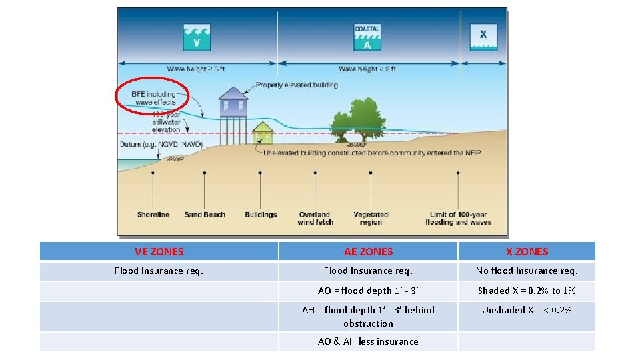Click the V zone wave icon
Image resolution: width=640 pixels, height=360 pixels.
point(197,37)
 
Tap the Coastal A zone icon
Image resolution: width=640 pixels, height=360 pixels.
point(367,37)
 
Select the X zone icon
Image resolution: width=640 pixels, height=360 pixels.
point(483,37)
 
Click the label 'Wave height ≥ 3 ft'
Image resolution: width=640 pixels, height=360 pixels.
point(195,69)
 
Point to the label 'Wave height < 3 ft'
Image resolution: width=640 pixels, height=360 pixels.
point(367,69)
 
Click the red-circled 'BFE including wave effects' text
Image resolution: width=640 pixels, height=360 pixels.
point(153,98)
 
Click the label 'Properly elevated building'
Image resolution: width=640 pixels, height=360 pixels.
point(297,85)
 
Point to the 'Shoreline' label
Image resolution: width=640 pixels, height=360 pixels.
point(153,215)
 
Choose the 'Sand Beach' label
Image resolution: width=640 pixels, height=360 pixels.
point(205,215)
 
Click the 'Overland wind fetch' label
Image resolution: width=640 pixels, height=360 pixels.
point(315,218)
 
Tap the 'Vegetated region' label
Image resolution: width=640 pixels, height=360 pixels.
point(371,218)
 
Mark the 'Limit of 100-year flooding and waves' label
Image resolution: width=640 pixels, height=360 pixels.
point(458,218)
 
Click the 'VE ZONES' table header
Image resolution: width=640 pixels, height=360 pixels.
point(159,251)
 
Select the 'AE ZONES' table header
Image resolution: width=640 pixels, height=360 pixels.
point(368,251)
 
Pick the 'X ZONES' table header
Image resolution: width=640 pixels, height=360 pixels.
point(527,251)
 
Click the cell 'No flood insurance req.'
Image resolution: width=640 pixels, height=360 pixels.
point(527,271)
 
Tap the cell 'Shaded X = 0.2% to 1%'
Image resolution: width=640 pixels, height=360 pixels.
point(527,291)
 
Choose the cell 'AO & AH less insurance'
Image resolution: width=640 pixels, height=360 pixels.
point(368,341)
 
